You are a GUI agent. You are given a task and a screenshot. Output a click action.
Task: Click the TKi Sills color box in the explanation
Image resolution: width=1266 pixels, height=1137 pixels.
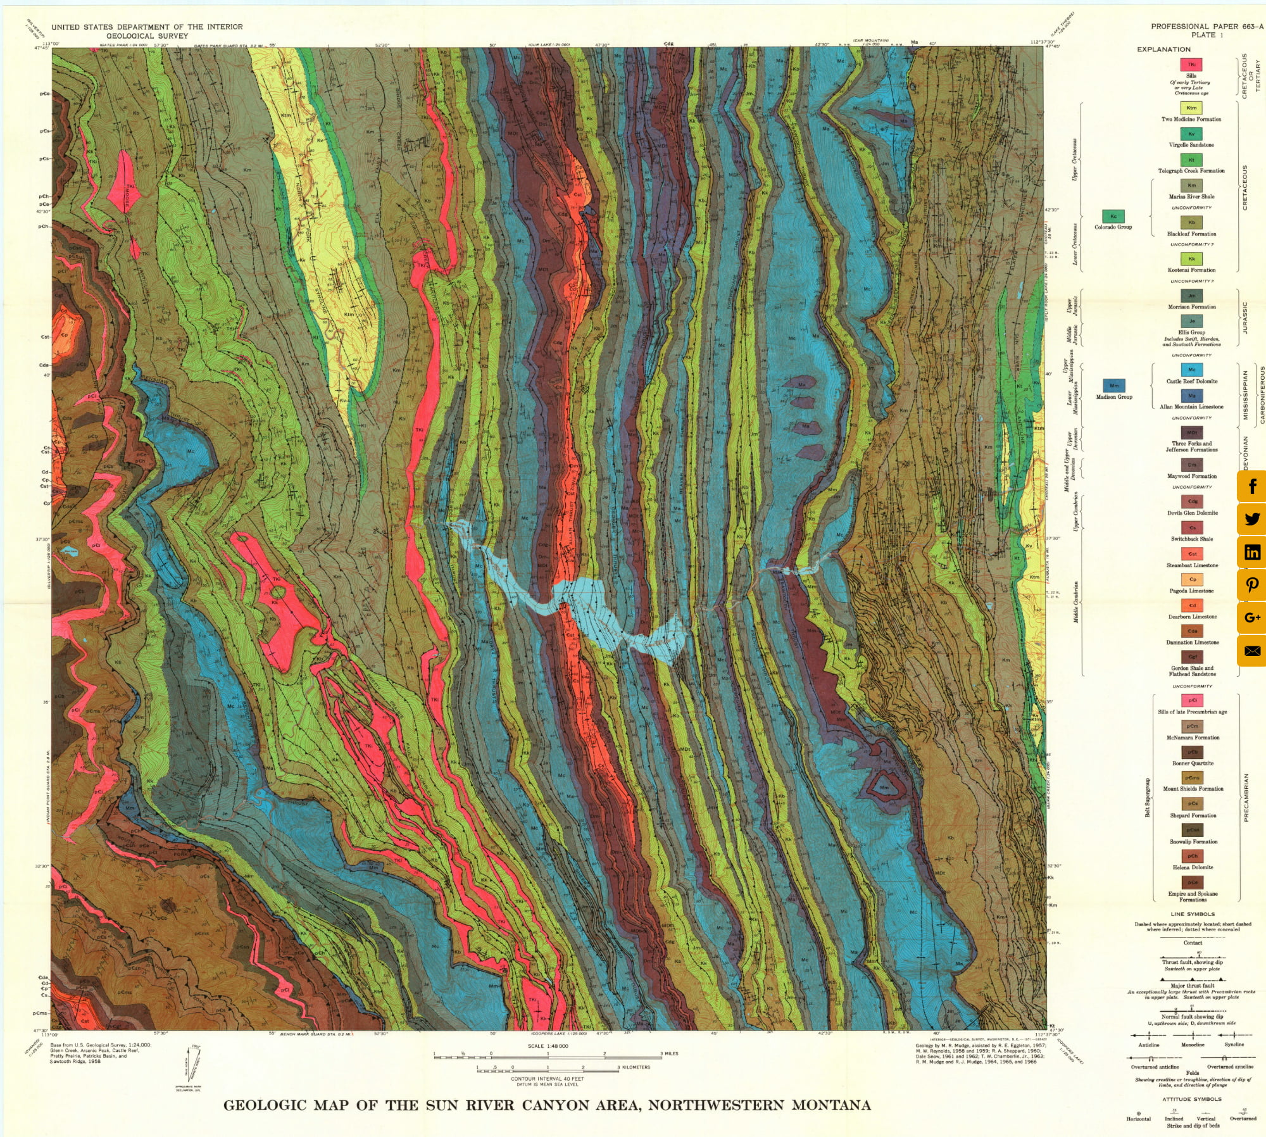pyautogui.click(x=1191, y=65)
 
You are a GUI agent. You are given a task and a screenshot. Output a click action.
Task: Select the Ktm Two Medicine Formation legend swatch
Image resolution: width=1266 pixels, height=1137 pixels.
pyautogui.click(x=1191, y=108)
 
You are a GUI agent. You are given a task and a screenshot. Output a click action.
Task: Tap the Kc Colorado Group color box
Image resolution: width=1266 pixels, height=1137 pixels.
pyautogui.click(x=1113, y=217)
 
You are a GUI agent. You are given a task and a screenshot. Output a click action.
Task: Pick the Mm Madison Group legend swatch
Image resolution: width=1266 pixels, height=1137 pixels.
pyautogui.click(x=1114, y=386)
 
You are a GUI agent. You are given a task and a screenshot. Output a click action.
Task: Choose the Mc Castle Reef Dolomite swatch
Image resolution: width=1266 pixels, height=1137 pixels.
pyautogui.click(x=1192, y=370)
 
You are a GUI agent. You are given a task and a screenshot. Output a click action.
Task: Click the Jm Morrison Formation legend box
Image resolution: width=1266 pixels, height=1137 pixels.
pyautogui.click(x=1192, y=296)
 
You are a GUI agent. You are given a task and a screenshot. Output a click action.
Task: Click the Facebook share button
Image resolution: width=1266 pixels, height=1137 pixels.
pyautogui.click(x=1252, y=486)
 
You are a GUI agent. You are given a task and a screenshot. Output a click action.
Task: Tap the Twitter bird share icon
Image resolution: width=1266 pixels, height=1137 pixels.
pyautogui.click(x=1252, y=519)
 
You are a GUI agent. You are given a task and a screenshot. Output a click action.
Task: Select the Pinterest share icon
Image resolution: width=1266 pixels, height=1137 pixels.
pyautogui.click(x=1252, y=585)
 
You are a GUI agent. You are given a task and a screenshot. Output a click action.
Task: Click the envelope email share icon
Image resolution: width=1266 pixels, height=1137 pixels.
pyautogui.click(x=1252, y=651)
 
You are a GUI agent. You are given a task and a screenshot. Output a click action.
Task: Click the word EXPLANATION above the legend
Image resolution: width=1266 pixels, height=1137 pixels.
pyautogui.click(x=1163, y=49)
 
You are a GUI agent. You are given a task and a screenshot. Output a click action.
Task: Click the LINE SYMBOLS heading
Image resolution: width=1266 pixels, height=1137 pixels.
pyautogui.click(x=1193, y=914)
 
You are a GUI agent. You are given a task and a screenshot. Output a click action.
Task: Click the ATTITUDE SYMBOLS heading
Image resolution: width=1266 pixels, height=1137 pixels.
pyautogui.click(x=1192, y=1100)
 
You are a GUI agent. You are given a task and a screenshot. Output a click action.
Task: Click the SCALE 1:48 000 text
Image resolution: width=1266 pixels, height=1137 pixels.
pyautogui.click(x=548, y=1046)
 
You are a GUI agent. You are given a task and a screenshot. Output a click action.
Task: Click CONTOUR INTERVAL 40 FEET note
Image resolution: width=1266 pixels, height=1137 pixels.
pyautogui.click(x=548, y=1079)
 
